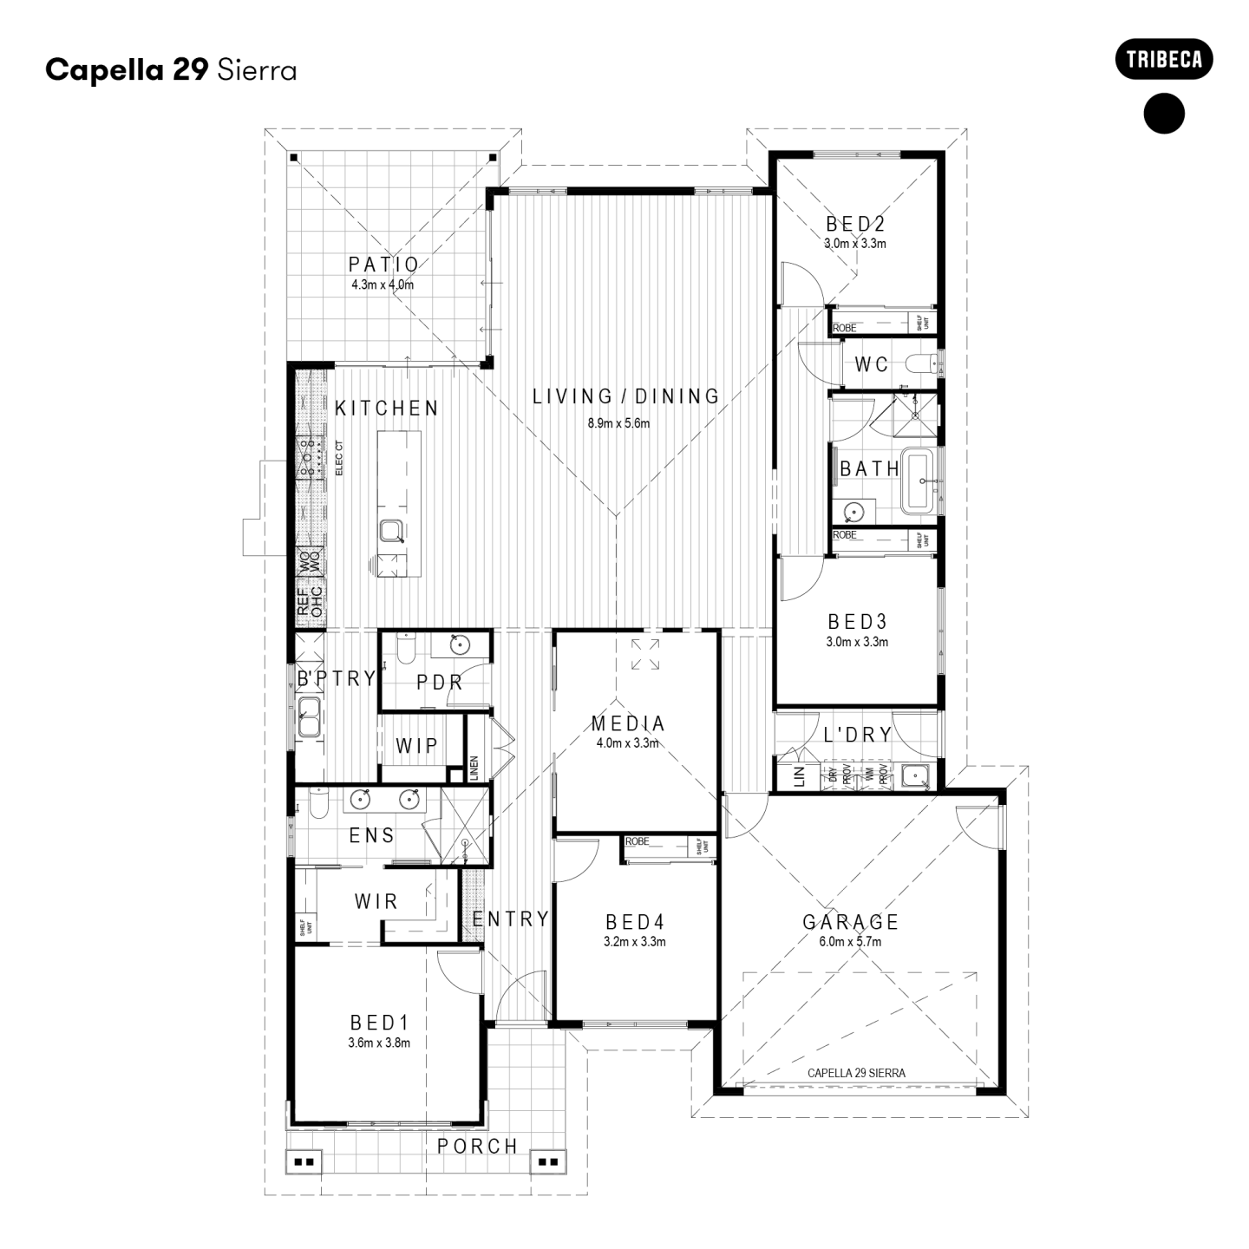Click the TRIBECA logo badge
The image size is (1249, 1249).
1163,60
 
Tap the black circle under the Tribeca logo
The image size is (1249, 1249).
1164,113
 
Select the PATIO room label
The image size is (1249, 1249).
383,265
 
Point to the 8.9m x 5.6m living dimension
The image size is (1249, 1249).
618,423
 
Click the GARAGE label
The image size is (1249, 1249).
850,922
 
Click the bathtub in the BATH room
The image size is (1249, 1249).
919,481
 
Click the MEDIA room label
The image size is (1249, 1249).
628,723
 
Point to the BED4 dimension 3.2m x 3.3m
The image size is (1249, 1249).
634,941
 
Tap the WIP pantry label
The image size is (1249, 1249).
416,745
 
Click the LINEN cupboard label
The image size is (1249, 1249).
474,768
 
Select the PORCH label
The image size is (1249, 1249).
477,1146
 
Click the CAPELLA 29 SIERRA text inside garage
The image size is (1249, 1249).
855,1073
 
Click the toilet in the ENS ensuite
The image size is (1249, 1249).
317,806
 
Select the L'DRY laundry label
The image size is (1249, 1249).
857,735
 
